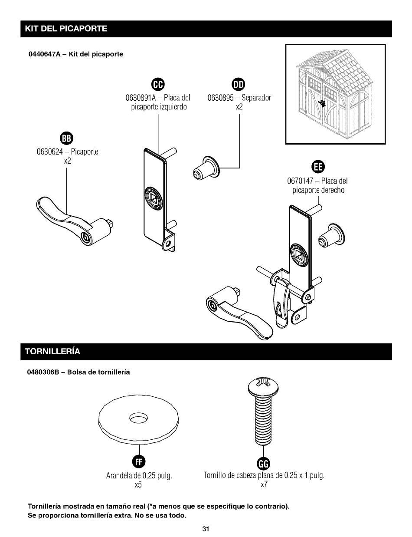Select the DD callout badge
click(239, 83)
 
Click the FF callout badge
click(138, 462)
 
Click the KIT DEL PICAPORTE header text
click(66, 29)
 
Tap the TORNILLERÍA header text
click(52, 352)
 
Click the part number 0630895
click(222, 98)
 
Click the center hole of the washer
click(138, 418)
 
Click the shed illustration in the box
click(335, 94)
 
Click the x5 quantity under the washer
click(138, 485)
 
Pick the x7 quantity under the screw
click(264, 485)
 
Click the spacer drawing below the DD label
click(206, 167)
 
